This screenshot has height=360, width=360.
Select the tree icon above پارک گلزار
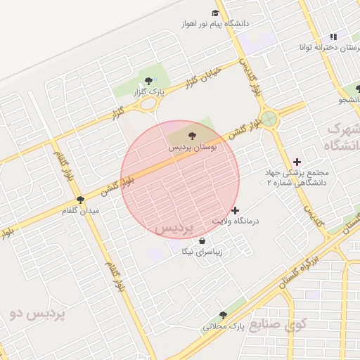click(148, 79)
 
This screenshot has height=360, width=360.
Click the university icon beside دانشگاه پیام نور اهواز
click(215, 13)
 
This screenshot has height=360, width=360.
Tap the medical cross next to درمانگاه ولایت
click(235, 210)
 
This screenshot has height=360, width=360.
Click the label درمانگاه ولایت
click(236, 221)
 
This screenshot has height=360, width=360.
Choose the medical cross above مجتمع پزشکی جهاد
click(297, 162)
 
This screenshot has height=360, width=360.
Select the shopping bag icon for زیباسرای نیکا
click(202, 240)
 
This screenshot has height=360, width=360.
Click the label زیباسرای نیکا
click(202, 251)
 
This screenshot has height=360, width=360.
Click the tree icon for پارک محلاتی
click(223, 315)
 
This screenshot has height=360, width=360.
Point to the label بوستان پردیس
click(192, 148)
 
